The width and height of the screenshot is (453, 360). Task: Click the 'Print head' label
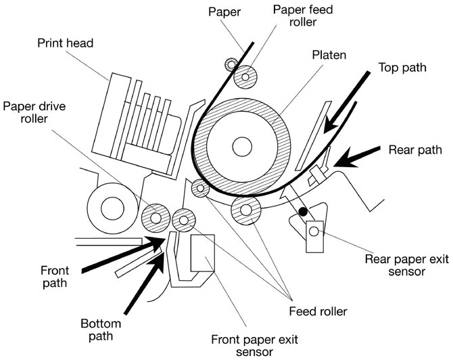coord(66,43)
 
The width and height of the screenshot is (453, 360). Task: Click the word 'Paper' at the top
coord(225,12)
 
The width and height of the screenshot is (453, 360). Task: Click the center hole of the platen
coord(240,145)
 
